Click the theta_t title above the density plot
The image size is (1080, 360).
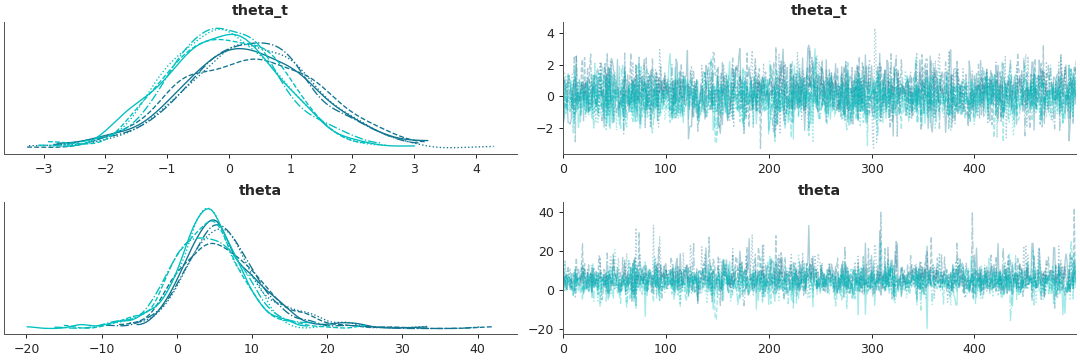[260, 11]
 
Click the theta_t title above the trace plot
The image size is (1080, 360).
[818, 11]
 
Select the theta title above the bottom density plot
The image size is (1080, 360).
[260, 191]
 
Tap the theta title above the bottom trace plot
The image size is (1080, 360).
[818, 191]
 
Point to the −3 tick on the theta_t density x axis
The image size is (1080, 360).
[43, 168]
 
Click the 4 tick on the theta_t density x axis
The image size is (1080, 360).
[476, 168]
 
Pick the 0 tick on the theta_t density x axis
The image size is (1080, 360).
[229, 168]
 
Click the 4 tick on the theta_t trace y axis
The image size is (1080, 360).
[549, 33]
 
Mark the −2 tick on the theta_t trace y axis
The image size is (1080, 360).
[545, 129]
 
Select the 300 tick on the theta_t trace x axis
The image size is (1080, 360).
[872, 168]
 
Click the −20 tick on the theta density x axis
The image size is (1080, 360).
[27, 348]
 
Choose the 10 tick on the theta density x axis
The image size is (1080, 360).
[252, 348]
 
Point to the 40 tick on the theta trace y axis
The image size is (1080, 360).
[545, 212]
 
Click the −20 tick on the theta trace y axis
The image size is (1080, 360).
[542, 329]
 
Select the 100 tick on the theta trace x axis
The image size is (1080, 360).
[666, 348]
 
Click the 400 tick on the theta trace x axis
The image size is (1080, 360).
[975, 348]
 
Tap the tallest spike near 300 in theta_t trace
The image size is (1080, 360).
[874, 29]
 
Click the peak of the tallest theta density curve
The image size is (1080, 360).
[208, 209]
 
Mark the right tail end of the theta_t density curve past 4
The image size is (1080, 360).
[493, 146]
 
